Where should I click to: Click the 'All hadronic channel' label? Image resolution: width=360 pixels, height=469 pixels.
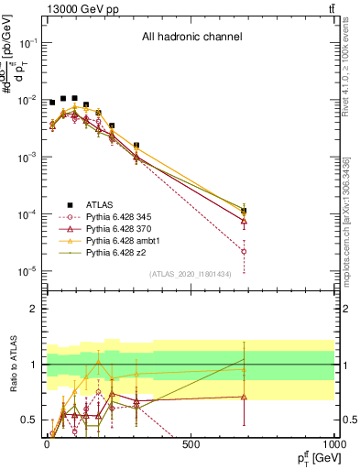click(191, 38)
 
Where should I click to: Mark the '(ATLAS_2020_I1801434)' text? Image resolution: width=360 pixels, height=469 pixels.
click(191, 274)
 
